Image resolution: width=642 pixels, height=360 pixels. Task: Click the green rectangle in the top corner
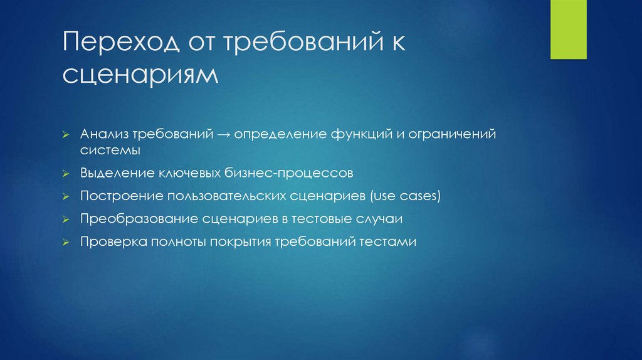pos(568,29)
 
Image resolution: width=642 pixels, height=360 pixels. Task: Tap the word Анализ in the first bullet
pos(103,135)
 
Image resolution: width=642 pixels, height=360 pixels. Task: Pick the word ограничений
pos(451,135)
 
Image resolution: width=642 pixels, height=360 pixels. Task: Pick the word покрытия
pos(241,241)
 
